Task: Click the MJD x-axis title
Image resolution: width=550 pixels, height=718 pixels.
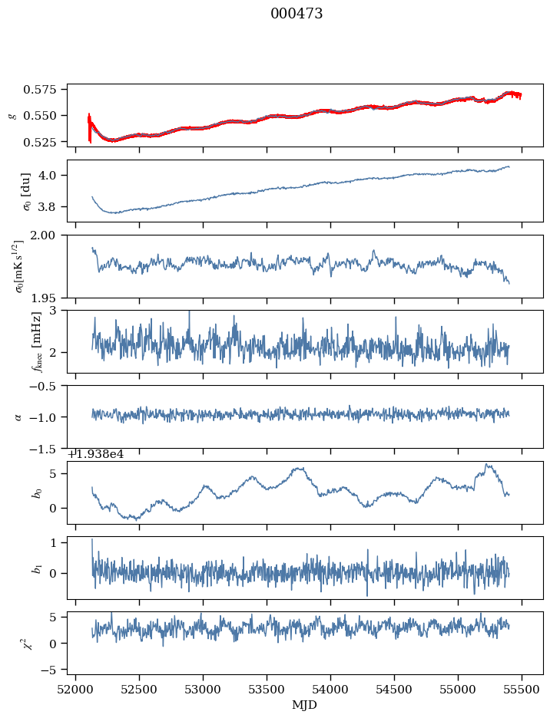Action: [x=305, y=705]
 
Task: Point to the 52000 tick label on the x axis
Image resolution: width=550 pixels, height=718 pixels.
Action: [x=75, y=691]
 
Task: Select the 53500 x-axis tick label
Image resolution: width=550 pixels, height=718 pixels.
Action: [x=267, y=691]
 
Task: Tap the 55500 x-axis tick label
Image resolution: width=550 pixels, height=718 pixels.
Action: [x=522, y=691]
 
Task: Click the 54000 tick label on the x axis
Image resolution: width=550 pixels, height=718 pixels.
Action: [x=331, y=691]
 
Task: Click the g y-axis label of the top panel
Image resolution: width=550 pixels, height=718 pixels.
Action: [x=11, y=115]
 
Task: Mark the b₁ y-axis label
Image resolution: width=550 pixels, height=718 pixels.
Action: [x=35, y=568]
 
